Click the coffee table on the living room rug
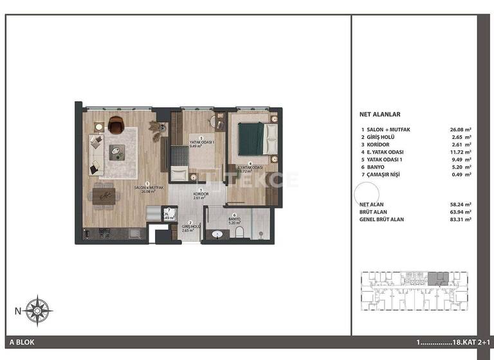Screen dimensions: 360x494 (116, 153)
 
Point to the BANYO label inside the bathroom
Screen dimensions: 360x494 (235, 219)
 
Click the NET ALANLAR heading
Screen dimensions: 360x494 (380, 114)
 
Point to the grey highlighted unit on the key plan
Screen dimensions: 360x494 (439, 278)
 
